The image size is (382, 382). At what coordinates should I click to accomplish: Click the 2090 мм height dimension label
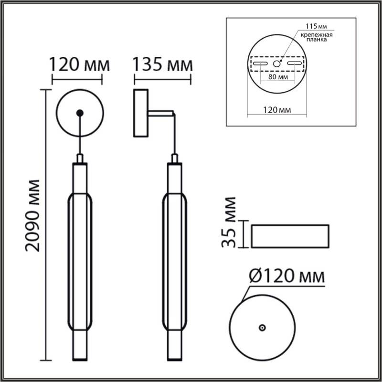point(33,215)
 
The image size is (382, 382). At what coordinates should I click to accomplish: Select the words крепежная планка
point(313,38)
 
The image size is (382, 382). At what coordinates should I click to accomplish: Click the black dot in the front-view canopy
point(80,113)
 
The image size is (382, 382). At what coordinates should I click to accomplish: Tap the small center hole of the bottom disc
point(262,328)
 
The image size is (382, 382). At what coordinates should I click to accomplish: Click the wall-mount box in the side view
point(141,113)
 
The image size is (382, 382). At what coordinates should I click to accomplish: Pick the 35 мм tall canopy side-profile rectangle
point(290,235)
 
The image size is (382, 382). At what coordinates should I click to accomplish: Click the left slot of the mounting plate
point(260,64)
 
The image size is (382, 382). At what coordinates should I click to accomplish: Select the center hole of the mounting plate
point(276,64)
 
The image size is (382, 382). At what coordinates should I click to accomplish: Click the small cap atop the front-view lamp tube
point(80,159)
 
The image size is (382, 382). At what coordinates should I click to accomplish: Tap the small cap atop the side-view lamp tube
point(175,159)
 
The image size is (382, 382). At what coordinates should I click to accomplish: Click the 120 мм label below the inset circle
point(277,110)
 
